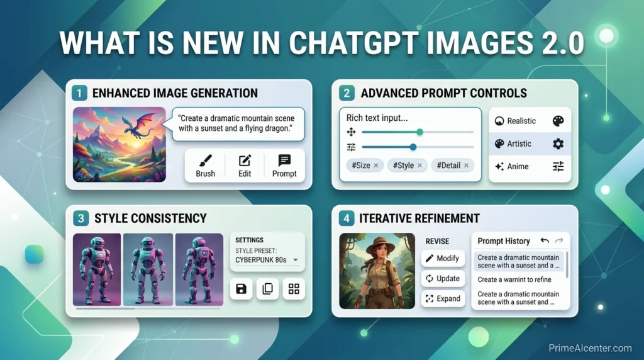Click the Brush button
(x=206, y=166)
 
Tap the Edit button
(x=245, y=166)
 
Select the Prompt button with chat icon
(x=284, y=166)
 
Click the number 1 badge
(x=79, y=93)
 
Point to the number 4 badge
(x=345, y=218)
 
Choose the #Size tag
(x=364, y=166)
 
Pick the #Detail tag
(x=452, y=166)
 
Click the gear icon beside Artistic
(x=558, y=143)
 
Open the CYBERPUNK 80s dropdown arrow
(x=296, y=259)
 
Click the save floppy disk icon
(x=241, y=289)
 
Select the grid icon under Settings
(x=294, y=289)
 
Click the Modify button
(x=443, y=258)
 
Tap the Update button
(x=443, y=278)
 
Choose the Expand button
(x=443, y=298)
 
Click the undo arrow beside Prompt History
(x=545, y=240)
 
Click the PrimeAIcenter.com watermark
(x=589, y=348)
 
